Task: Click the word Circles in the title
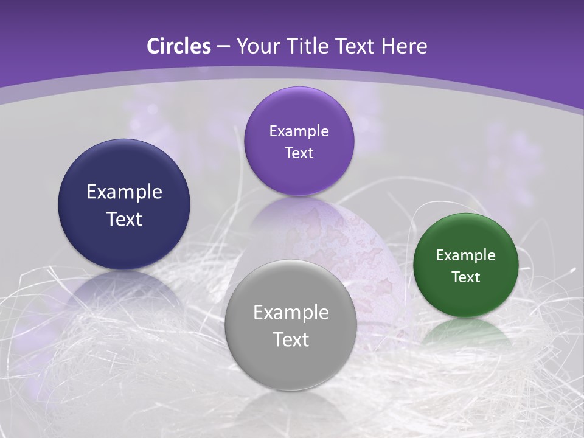[179, 46]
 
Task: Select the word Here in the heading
[404, 46]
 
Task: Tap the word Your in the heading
[258, 46]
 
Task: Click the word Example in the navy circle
[124, 192]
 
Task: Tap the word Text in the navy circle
[124, 219]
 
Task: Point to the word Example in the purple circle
[299, 131]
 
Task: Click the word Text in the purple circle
[299, 153]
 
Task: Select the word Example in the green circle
[465, 255]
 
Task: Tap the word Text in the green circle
[465, 277]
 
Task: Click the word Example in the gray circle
[291, 312]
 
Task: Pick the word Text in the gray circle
[291, 339]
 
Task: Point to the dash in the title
[223, 46]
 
